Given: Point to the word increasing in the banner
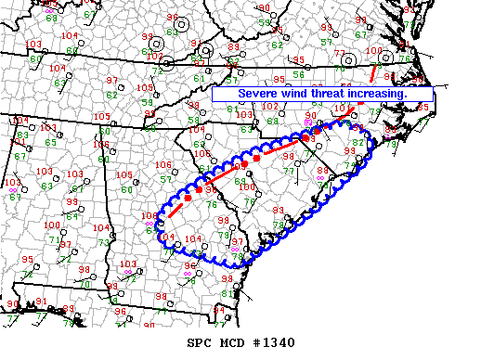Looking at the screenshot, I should [x=396, y=95].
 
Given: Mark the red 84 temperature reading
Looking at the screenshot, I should [x=219, y=308].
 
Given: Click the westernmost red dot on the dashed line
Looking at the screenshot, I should [x=188, y=199].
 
